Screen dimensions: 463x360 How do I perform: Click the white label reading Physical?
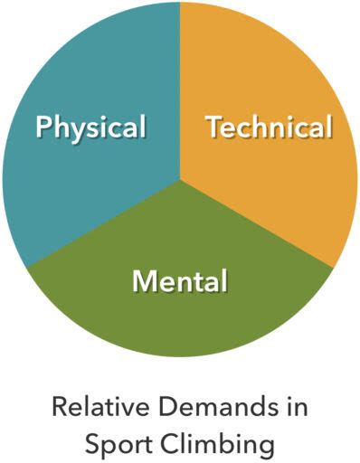point(90,128)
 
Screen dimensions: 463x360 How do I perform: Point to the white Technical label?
point(269,128)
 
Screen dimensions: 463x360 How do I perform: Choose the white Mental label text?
point(180,281)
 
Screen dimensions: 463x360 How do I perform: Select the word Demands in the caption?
point(209,407)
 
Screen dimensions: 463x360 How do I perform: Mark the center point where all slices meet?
point(180,180)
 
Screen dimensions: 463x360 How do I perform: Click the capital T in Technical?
point(213,128)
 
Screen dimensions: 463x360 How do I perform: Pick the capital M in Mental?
point(144,281)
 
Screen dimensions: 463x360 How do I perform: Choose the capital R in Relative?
point(59,407)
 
